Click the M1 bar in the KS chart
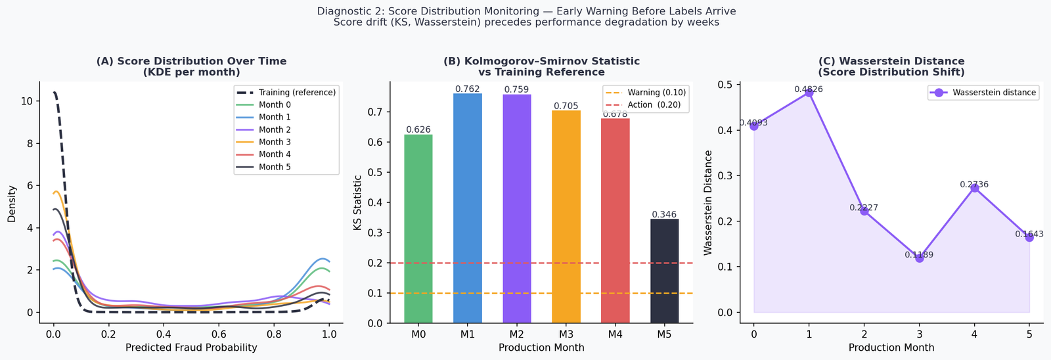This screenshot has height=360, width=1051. point(468,208)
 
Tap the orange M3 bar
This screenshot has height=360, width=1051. point(566,217)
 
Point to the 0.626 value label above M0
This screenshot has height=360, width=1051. point(418,129)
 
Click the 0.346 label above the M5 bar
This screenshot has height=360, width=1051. point(664,214)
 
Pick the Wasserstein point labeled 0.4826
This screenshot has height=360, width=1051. point(809,93)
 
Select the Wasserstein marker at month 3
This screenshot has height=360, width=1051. point(919,258)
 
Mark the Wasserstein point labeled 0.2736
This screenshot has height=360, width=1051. point(974,188)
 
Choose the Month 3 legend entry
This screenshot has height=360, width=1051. point(275,142)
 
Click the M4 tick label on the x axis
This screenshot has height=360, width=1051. point(615,334)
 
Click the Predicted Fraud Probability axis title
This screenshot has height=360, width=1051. point(191,348)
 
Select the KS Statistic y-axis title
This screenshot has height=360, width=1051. point(357,202)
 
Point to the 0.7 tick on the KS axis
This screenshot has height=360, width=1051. point(375,112)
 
